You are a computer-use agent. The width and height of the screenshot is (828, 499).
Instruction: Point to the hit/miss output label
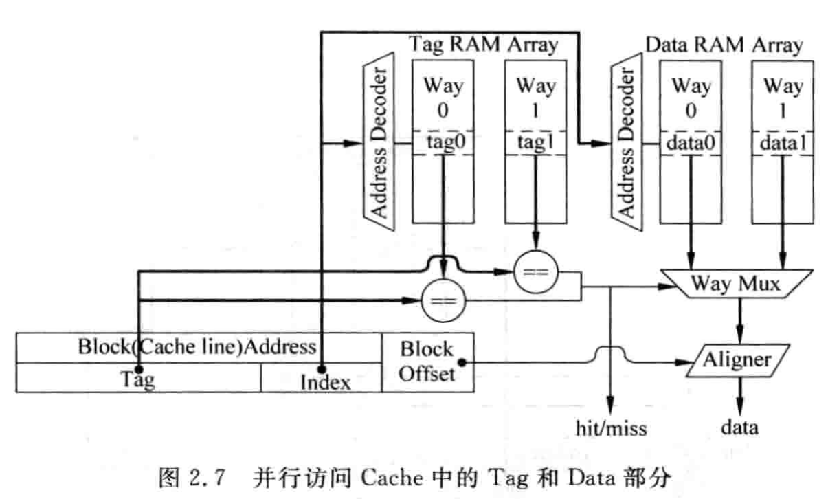(611, 429)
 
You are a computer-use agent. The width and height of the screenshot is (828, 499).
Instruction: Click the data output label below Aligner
(739, 428)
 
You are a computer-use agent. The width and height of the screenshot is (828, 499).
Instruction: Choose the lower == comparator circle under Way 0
(443, 300)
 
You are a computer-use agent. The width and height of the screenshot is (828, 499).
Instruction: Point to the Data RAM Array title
(725, 45)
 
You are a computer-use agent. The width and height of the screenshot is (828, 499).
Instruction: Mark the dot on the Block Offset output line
(462, 362)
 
